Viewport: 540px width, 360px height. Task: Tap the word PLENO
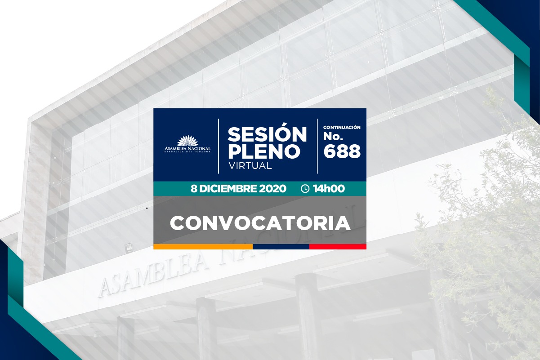[264, 151]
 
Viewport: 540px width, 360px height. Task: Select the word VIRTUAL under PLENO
[250, 166]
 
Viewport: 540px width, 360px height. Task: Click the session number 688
[342, 151]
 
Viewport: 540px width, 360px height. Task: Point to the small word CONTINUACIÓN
[342, 127]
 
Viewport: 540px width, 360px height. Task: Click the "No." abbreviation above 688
[333, 136]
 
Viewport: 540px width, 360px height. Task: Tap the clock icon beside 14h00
[305, 188]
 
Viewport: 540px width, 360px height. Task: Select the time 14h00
[329, 188]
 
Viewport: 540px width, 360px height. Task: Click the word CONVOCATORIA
[260, 223]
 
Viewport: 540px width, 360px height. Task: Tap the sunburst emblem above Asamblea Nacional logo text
[187, 141]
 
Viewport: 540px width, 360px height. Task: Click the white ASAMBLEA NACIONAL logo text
[187, 149]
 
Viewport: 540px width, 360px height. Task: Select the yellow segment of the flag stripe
[203, 246]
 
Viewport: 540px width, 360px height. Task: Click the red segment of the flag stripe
[338, 246]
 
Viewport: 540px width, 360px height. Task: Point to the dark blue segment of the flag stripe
[281, 246]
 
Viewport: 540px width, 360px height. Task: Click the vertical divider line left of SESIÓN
[219, 146]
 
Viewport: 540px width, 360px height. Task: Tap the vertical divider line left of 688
[317, 146]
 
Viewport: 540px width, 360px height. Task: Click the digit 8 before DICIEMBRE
[194, 188]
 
